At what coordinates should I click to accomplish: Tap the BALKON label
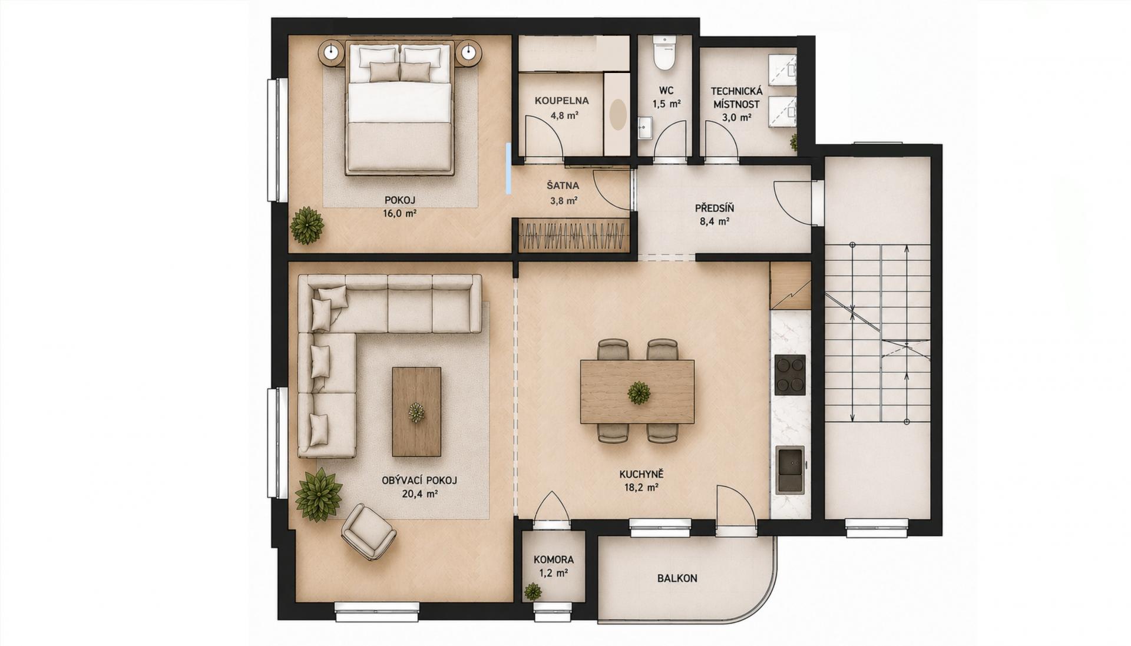[677, 578]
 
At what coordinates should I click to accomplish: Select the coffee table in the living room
[416, 412]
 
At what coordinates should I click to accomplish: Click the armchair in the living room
[369, 531]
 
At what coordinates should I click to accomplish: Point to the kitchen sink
[790, 469]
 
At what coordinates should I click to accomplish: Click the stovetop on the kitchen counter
[790, 375]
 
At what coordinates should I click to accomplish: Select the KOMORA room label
[554, 560]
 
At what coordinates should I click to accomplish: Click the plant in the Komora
[533, 591]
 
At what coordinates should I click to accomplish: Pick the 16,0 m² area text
[399, 213]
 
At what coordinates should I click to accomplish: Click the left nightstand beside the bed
[332, 52]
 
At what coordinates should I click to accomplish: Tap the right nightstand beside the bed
[469, 52]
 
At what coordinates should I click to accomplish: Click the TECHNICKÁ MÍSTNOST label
[736, 98]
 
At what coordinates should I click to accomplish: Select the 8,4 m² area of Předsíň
[714, 221]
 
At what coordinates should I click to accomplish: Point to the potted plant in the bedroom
[307, 225]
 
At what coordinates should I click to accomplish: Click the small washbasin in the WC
[646, 128]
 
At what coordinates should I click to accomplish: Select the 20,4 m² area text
[419, 494]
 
